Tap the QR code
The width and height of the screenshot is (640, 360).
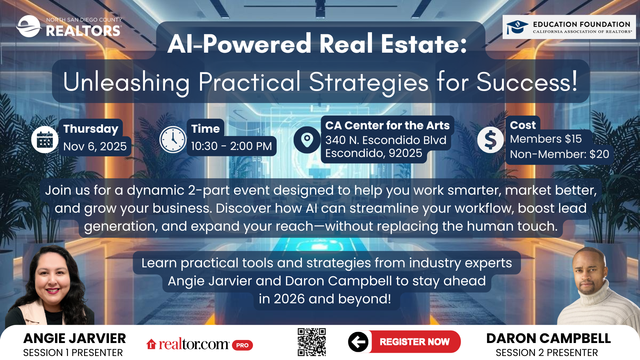[312, 342]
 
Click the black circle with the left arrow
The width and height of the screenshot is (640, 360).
[358, 342]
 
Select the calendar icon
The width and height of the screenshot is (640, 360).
[45, 140]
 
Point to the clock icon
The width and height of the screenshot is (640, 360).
[173, 140]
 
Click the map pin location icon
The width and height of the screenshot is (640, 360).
[307, 140]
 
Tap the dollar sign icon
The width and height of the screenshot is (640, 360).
[490, 140]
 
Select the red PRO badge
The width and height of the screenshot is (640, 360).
[242, 345]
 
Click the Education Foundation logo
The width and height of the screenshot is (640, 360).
[569, 27]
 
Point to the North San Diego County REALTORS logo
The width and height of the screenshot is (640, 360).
[69, 26]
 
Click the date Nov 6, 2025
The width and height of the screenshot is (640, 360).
[95, 146]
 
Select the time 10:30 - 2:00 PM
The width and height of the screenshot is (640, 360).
[231, 146]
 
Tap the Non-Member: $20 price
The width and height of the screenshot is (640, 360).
[559, 154]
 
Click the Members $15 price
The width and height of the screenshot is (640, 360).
[546, 139]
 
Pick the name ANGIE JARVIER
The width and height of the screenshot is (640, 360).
[75, 338]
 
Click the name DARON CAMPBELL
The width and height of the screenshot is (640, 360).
[548, 338]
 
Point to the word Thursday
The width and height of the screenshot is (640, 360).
[91, 129]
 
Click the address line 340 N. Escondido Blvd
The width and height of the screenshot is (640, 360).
[386, 140]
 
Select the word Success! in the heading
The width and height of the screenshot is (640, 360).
[527, 82]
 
